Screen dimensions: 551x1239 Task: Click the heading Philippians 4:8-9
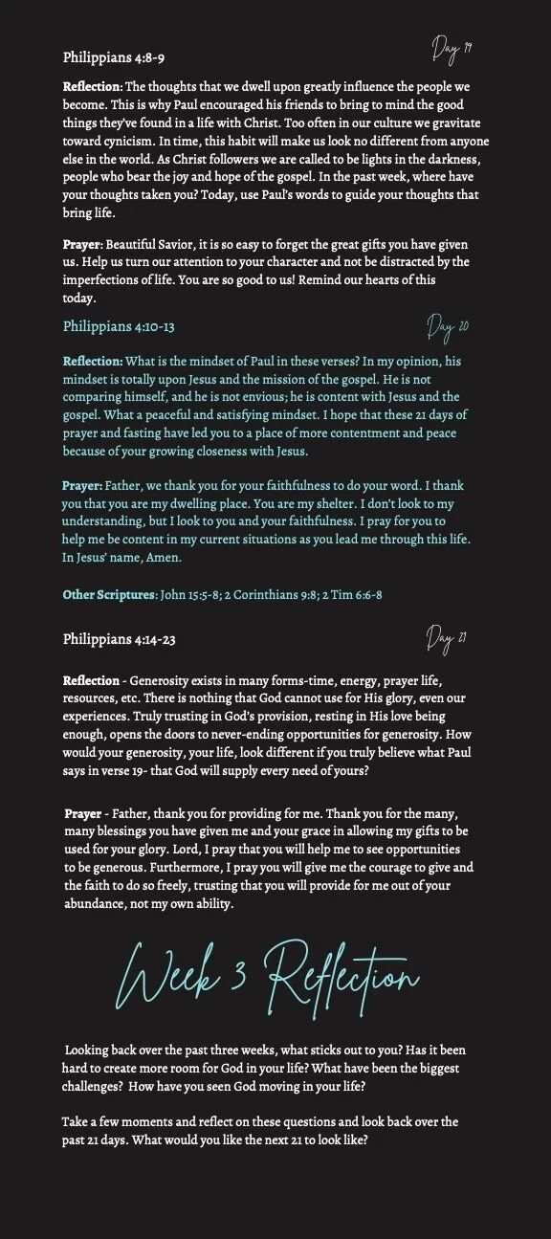[114, 57]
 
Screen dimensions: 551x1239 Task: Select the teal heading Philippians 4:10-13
[119, 327]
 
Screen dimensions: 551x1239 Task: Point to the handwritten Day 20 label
[447, 328]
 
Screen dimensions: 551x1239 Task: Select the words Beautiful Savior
[153, 245]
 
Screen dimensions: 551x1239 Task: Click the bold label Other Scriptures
[108, 595]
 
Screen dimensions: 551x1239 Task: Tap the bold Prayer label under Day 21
[83, 813]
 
